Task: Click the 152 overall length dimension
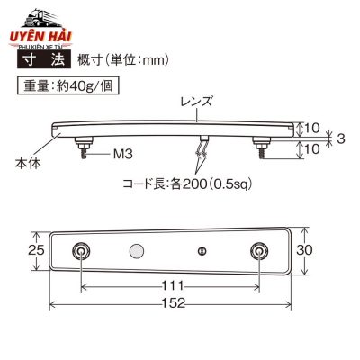coord(174,303)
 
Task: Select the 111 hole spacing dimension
coord(173,285)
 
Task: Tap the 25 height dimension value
coord(36,249)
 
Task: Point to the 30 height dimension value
coord(304,249)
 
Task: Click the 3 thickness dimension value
coord(341,139)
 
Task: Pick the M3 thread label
coord(123,154)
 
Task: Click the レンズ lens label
coord(196,101)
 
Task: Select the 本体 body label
coord(28,164)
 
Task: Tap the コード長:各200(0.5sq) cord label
coord(187,184)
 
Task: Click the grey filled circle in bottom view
coord(137,251)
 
